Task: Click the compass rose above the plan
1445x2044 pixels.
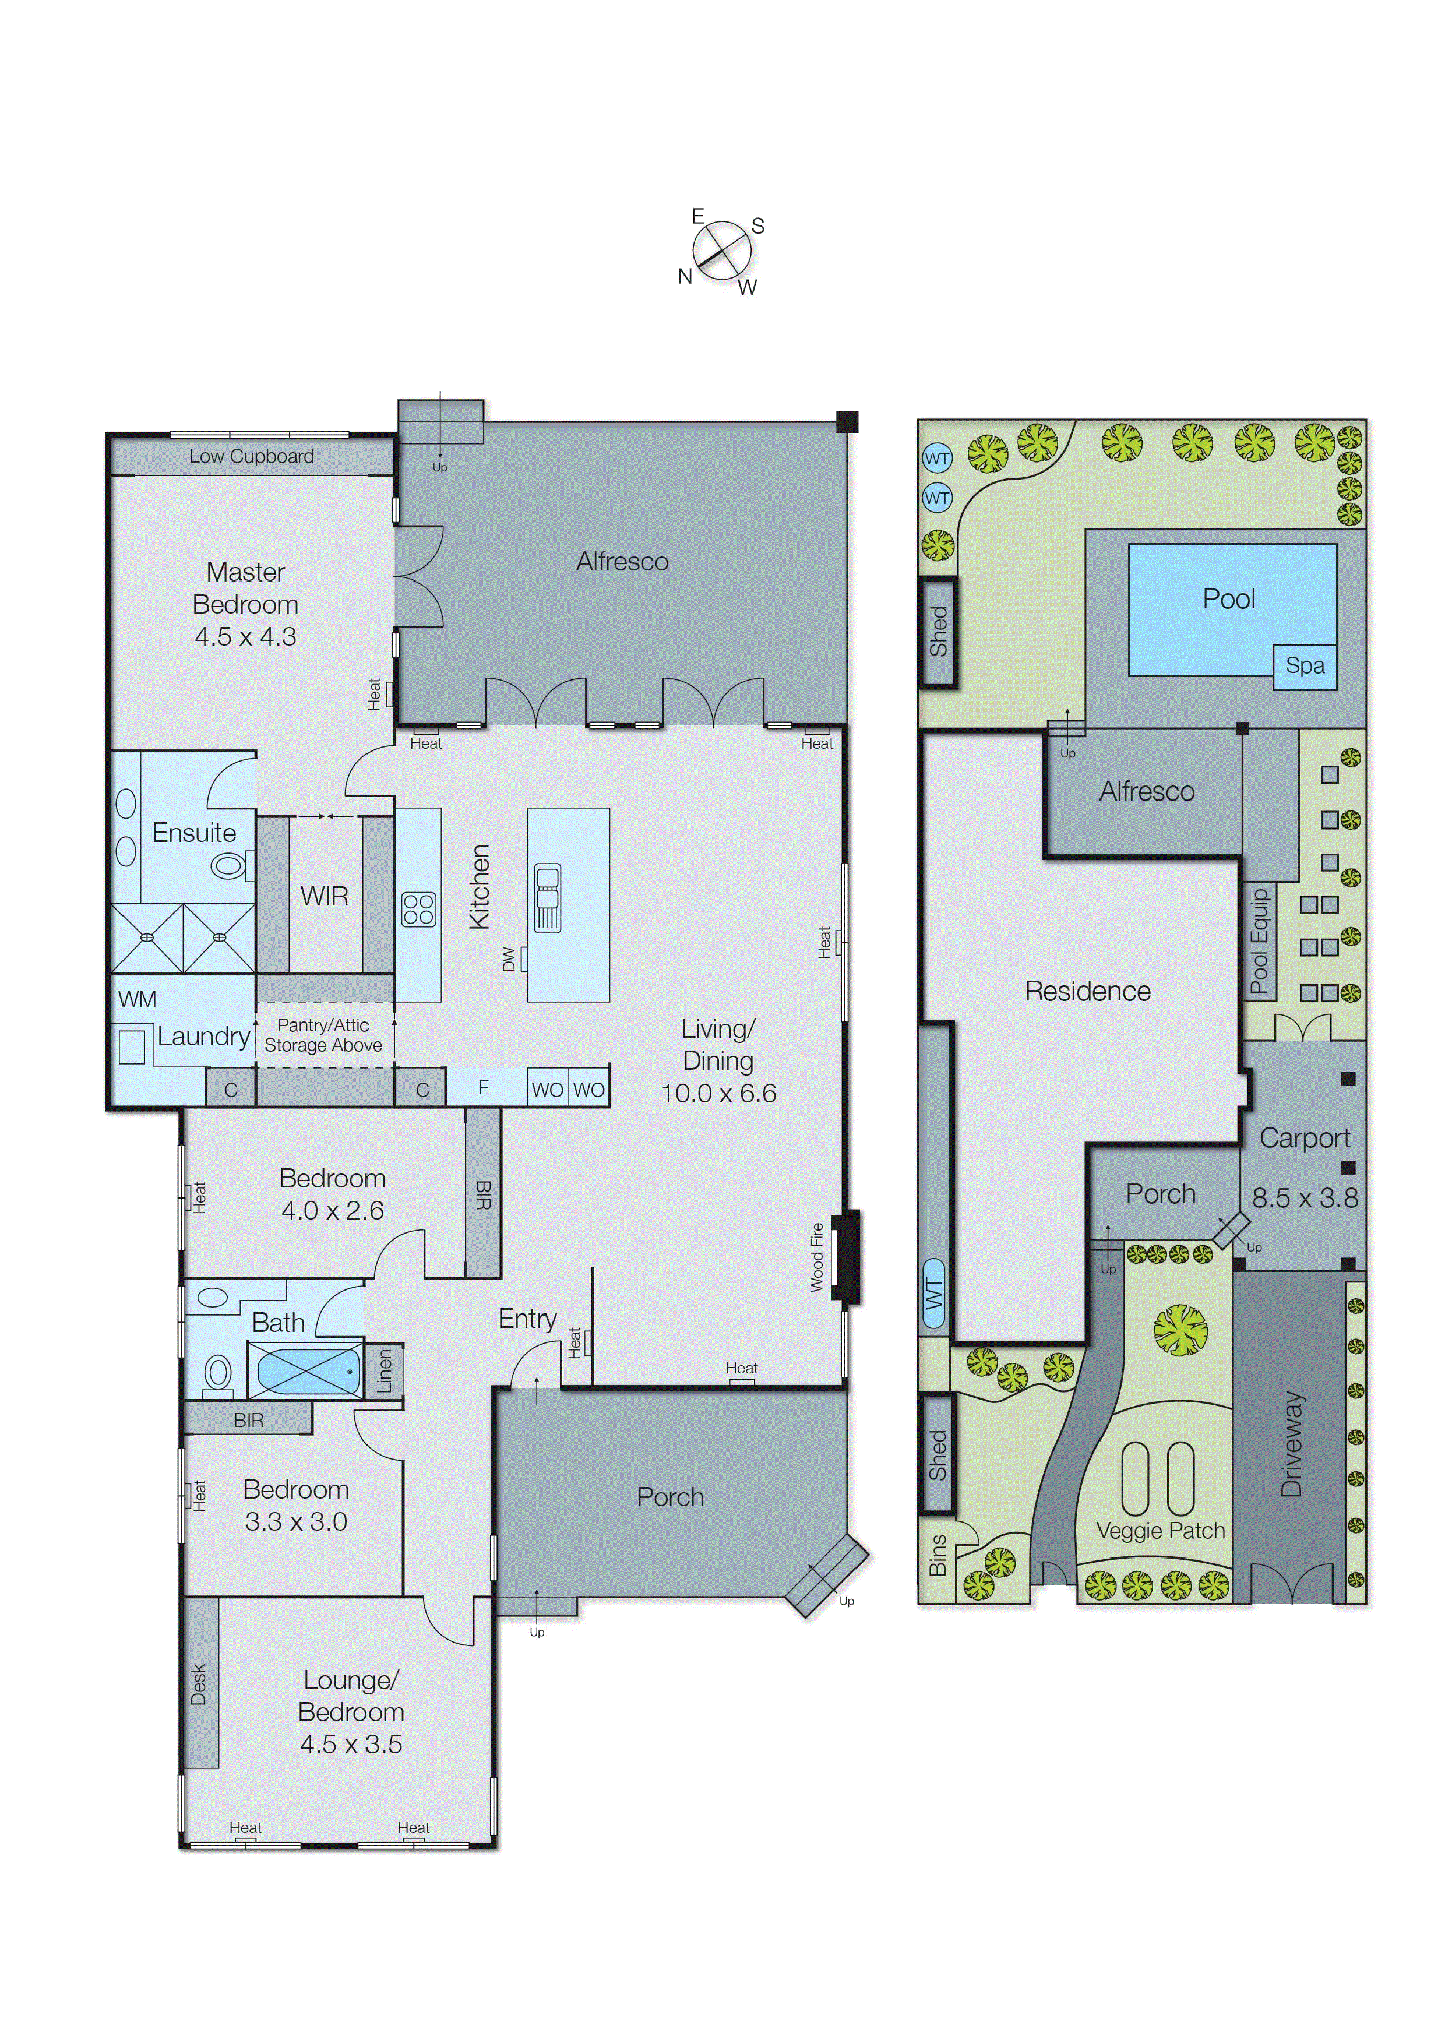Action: pos(722,251)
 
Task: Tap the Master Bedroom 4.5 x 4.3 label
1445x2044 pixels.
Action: pos(246,604)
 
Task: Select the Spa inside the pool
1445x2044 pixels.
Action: pos(1305,666)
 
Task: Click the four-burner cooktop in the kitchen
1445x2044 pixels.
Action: pos(418,910)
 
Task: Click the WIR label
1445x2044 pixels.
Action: pos(324,897)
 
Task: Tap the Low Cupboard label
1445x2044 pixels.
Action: pos(251,457)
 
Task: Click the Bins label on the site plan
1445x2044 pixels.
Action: pos(936,1555)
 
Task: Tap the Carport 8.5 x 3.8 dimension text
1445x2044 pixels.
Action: pos(1305,1199)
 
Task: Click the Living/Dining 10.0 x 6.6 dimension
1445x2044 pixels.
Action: pos(718,1093)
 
